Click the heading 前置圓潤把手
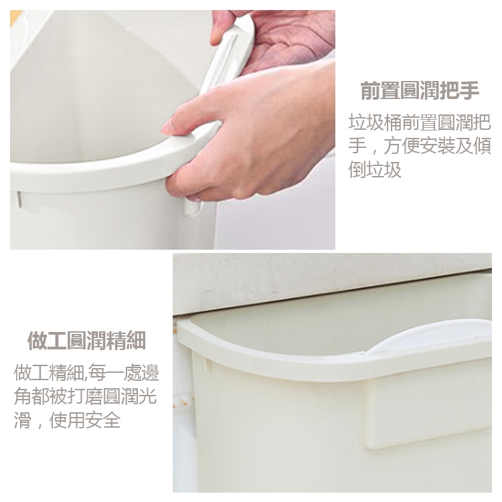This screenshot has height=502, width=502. click(x=420, y=90)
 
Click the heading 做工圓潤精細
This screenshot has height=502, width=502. click(x=87, y=340)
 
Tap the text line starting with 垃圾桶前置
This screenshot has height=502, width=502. click(x=420, y=122)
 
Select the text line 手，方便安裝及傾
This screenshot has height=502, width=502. click(x=420, y=146)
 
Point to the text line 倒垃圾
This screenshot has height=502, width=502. click(x=375, y=170)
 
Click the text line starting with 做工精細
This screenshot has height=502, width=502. click(x=86, y=373)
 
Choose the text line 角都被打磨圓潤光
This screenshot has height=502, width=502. click(x=86, y=396)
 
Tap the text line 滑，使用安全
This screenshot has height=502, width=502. click(x=67, y=420)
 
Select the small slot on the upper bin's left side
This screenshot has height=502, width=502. click(x=19, y=199)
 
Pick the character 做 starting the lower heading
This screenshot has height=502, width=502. click(x=37, y=340)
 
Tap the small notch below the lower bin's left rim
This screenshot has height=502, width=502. click(x=207, y=365)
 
